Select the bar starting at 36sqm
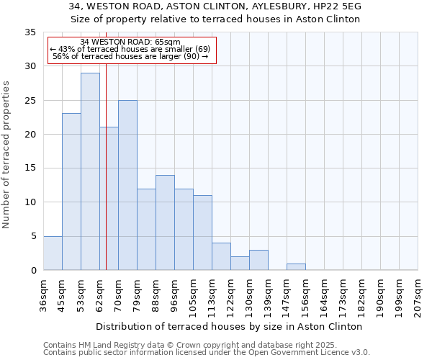click(53, 253)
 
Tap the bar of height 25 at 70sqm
click(127, 185)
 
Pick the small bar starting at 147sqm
click(296, 266)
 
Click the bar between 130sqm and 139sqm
click(258, 260)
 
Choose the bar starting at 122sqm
click(240, 263)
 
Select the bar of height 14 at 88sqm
click(165, 222)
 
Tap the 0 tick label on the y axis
click(32, 271)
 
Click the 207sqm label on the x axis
click(418, 296)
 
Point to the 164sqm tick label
click(325, 296)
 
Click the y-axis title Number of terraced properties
click(7, 155)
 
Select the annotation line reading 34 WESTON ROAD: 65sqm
click(130, 42)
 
